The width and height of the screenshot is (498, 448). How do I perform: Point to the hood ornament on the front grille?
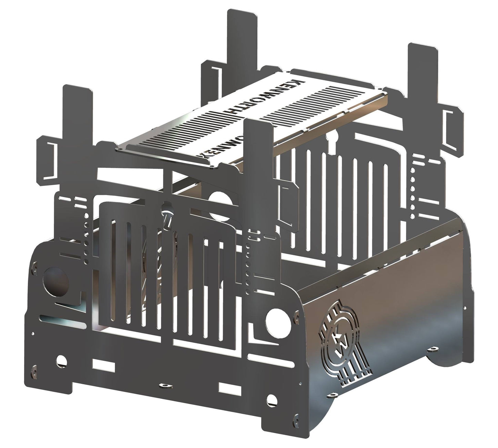[x=168, y=218]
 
